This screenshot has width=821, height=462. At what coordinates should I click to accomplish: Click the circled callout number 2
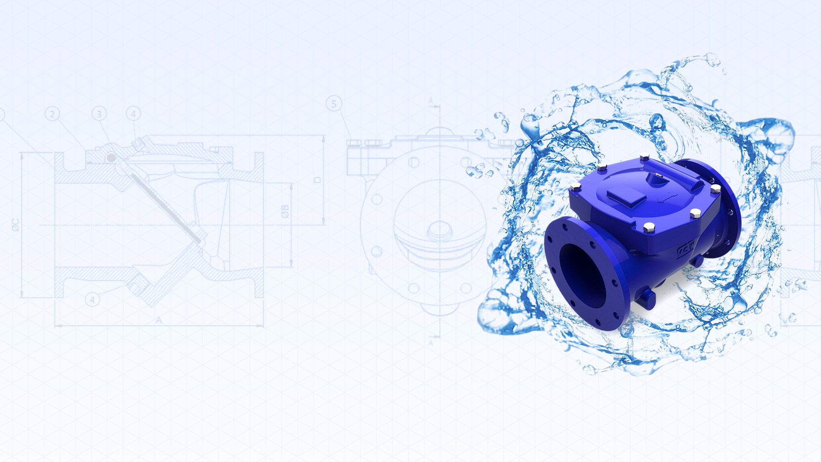[52, 114]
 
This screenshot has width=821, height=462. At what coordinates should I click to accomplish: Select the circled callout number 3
[99, 114]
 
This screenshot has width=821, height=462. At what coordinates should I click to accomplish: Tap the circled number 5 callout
[334, 104]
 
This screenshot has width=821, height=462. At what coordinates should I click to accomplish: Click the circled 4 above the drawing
[133, 114]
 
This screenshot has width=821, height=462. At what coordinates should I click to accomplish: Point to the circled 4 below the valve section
[92, 300]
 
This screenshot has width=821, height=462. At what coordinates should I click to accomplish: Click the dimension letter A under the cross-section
[159, 320]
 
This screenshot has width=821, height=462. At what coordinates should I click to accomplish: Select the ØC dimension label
[16, 225]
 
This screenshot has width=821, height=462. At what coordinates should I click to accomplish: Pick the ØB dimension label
[285, 211]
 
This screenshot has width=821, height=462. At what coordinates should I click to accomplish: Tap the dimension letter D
[317, 180]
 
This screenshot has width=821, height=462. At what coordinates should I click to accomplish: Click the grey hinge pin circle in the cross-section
[111, 158]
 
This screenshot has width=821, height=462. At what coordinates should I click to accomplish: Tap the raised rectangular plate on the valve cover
[626, 196]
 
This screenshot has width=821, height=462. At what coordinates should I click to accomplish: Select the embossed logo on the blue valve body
[685, 250]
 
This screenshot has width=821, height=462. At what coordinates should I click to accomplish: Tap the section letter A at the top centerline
[431, 101]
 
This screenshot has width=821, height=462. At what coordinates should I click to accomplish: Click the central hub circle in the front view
[439, 231]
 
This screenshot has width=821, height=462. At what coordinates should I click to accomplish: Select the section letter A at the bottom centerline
[431, 343]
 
